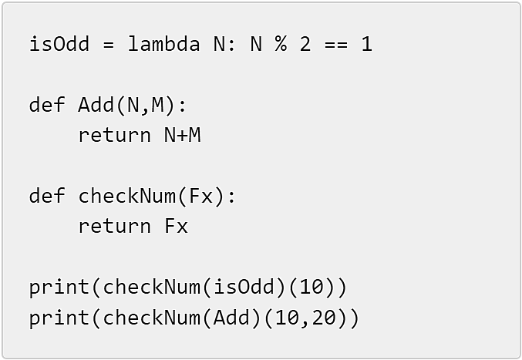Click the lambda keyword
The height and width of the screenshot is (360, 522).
(x=163, y=44)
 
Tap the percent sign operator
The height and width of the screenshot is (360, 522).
(x=281, y=44)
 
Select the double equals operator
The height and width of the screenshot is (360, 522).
(x=336, y=44)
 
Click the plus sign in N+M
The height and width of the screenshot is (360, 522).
(x=183, y=136)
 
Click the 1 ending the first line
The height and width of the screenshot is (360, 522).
(x=366, y=44)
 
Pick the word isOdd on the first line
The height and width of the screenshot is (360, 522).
(x=59, y=44)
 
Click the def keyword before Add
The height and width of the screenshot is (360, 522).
(x=47, y=105)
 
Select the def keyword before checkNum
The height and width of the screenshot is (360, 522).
(x=47, y=196)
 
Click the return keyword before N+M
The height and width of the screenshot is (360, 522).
(x=115, y=136)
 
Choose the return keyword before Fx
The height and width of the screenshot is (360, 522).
(x=115, y=226)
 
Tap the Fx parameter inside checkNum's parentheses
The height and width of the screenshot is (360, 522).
(x=200, y=196)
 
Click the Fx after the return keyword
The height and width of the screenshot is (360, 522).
(x=176, y=226)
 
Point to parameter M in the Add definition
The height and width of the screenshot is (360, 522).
(x=158, y=105)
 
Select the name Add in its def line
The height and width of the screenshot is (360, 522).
(x=96, y=105)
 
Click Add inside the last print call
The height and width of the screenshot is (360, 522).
(x=231, y=318)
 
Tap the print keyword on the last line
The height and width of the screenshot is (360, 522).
(x=59, y=318)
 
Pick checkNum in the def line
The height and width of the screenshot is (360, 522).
(x=127, y=196)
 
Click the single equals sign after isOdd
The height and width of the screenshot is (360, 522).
(x=109, y=44)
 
